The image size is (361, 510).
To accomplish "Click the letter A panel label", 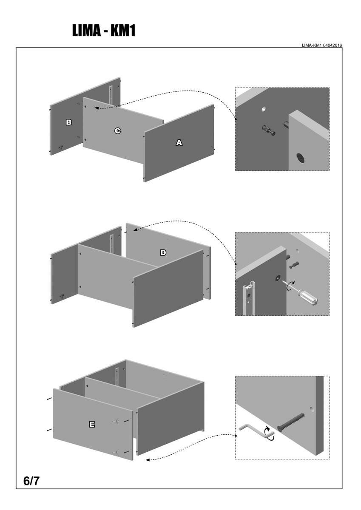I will (x=179, y=143).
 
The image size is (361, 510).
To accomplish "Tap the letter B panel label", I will (x=68, y=122).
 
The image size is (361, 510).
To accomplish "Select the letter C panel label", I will (x=117, y=131).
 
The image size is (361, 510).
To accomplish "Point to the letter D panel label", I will (x=163, y=252).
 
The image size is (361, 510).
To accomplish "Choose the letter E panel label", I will (x=91, y=424).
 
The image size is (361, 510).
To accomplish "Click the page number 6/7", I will (x=32, y=481).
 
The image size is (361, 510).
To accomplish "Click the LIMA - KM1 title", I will (x=104, y=31).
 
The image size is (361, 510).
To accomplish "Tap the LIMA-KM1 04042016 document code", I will (x=322, y=45).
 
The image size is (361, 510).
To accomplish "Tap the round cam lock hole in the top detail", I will (x=301, y=158).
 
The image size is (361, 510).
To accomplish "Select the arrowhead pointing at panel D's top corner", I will (x=135, y=230).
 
